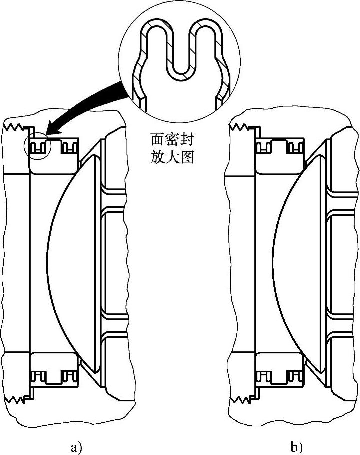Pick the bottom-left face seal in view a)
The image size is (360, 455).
pos(39,375)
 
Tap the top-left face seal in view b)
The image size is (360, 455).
pos(264,147)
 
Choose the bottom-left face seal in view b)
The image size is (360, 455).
pos(264,375)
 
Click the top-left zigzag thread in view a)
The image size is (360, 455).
pos(15,128)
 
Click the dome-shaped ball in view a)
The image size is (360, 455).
pos(65,261)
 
